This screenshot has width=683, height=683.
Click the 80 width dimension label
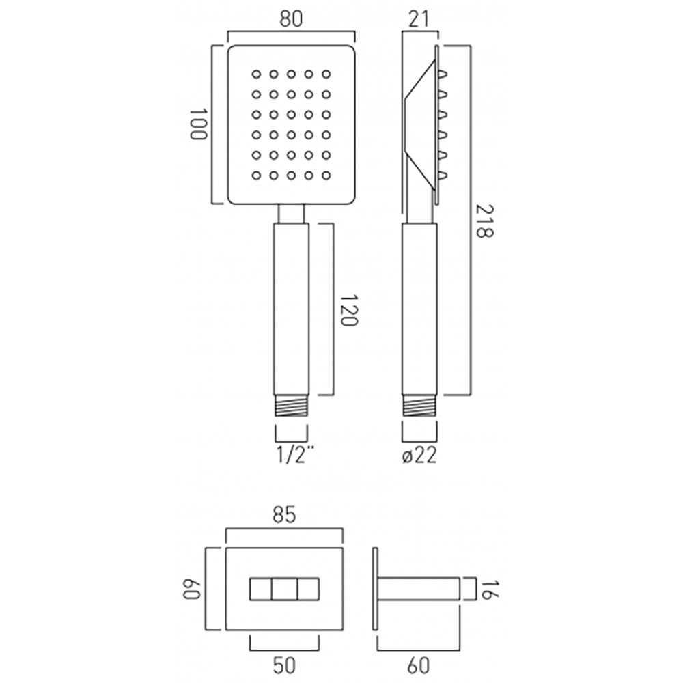[x=292, y=19]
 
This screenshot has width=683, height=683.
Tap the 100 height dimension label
[x=198, y=124]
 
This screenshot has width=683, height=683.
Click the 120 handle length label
[x=348, y=311]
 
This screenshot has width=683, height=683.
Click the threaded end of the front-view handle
[x=292, y=408]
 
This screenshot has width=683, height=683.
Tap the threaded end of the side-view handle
[x=419, y=408]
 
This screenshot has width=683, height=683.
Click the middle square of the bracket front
[x=283, y=589]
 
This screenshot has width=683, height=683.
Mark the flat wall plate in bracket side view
[x=375, y=589]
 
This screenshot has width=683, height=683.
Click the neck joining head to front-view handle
[x=292, y=214]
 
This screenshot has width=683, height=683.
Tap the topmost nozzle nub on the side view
[x=443, y=73]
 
